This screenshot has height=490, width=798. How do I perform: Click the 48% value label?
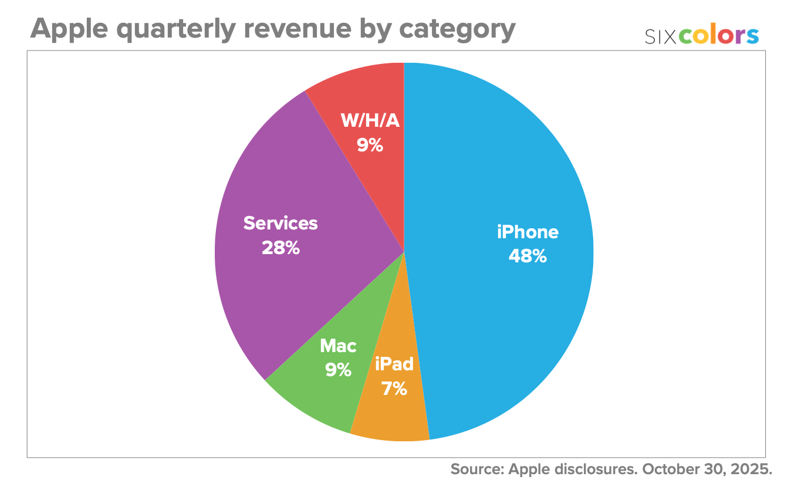528,256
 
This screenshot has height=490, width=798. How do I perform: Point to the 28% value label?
280,248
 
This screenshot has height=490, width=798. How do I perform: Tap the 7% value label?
394,388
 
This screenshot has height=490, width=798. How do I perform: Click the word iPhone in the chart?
528,232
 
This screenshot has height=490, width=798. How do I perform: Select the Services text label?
280,224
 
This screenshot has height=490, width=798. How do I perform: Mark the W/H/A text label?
370,121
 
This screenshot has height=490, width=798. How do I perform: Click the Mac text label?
338,346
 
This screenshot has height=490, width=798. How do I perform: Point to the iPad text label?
394,364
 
